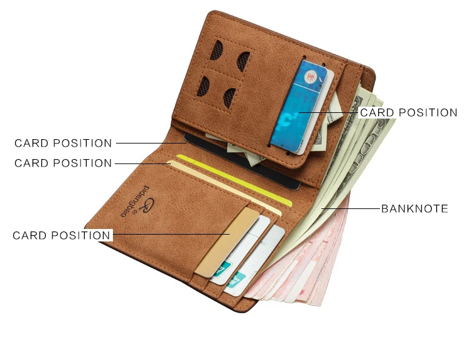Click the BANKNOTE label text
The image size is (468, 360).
pyautogui.click(x=414, y=208)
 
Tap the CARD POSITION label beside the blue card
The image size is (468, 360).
pyautogui.click(x=409, y=113)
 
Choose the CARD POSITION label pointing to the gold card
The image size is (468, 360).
pyautogui.click(x=62, y=235)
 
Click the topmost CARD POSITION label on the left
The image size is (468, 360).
pyautogui.click(x=63, y=144)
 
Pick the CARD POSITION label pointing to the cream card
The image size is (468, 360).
pyautogui.click(x=63, y=163)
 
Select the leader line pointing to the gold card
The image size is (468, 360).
pyautogui.click(x=168, y=235)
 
